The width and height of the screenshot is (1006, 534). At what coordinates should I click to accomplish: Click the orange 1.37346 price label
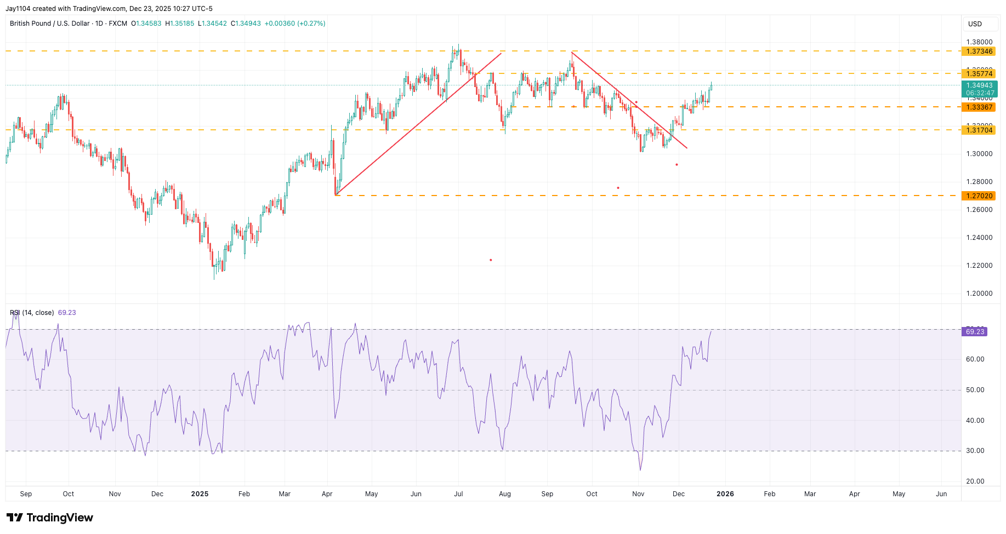click(x=979, y=51)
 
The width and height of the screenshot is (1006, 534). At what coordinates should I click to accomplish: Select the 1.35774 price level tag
click(x=979, y=74)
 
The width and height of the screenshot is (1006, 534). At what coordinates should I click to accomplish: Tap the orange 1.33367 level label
click(x=979, y=107)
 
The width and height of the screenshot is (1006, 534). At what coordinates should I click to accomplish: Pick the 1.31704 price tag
click(x=979, y=130)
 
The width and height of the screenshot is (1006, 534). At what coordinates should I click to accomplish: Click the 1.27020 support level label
click(x=979, y=196)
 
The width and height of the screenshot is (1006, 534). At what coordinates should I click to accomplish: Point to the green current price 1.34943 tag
click(x=979, y=89)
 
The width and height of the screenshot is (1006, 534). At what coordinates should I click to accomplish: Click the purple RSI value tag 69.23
click(x=975, y=332)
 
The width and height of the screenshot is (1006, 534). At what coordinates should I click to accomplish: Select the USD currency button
click(x=975, y=24)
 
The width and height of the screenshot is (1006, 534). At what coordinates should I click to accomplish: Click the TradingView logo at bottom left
click(x=50, y=518)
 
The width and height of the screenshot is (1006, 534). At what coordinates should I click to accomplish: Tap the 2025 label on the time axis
click(x=200, y=494)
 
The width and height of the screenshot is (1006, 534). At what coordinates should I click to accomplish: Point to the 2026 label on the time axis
click(x=725, y=494)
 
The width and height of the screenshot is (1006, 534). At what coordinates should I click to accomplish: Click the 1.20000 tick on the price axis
click(x=979, y=294)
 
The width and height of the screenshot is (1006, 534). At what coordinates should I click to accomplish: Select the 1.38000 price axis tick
click(x=979, y=42)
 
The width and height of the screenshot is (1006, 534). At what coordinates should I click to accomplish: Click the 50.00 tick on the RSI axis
click(x=975, y=390)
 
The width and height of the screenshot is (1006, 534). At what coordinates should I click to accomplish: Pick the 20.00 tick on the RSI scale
click(x=975, y=481)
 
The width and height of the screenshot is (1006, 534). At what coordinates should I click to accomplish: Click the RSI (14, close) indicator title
click(x=32, y=313)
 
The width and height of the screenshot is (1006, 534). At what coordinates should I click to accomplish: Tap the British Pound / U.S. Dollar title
click(x=49, y=24)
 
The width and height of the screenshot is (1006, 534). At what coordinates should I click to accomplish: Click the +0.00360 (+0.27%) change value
click(x=295, y=24)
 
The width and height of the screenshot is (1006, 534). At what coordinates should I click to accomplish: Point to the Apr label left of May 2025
click(x=327, y=494)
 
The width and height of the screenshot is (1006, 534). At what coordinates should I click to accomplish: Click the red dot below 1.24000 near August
click(x=491, y=260)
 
